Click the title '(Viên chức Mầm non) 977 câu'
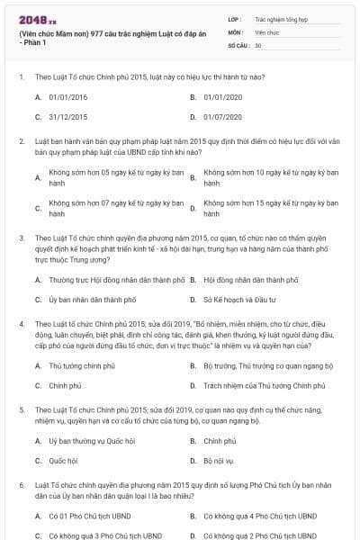[x=99, y=35]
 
